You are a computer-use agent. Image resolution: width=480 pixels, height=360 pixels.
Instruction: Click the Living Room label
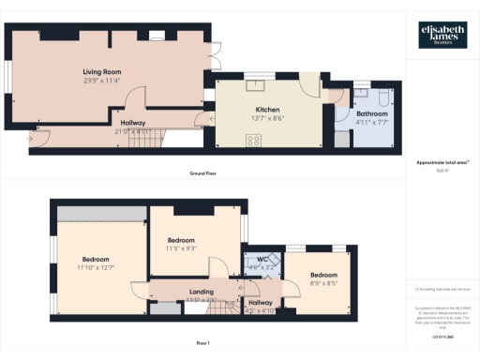(x=103, y=71)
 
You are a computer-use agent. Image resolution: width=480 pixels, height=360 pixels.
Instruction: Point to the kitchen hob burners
(x=253, y=141)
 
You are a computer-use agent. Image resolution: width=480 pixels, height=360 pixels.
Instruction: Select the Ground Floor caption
(x=203, y=174)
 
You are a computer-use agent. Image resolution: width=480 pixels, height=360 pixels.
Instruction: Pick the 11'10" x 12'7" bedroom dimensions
(x=96, y=268)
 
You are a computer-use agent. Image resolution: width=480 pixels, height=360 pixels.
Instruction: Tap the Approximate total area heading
(x=441, y=163)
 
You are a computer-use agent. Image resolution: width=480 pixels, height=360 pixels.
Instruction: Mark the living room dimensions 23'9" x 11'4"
(x=103, y=80)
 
